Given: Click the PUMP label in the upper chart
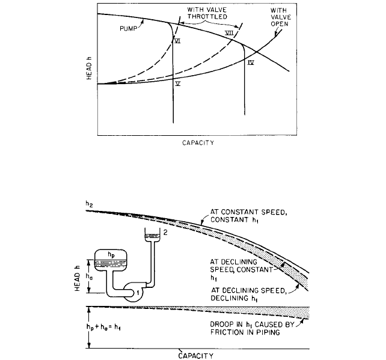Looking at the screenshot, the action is click(x=128, y=28).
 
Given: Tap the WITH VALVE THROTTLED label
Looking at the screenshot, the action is click(x=207, y=13).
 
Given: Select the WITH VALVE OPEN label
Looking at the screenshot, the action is click(x=281, y=17).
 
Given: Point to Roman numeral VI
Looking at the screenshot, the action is click(x=177, y=41).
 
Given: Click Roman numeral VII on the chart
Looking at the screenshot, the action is click(x=229, y=33).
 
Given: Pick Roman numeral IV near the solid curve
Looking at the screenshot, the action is click(x=251, y=63).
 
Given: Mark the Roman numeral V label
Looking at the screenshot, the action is click(x=178, y=84).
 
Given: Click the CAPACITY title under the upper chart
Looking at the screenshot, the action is click(x=198, y=142).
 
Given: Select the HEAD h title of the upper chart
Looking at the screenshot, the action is click(x=89, y=68).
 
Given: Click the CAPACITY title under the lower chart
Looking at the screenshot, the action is click(x=196, y=356).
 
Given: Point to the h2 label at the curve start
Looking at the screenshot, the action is click(x=89, y=204).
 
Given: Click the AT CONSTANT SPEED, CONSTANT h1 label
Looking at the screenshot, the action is click(x=248, y=216).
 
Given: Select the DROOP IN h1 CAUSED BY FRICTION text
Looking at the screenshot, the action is click(x=253, y=328).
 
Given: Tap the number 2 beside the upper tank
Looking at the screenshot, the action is click(x=165, y=233).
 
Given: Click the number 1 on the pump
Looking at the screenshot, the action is click(x=138, y=293).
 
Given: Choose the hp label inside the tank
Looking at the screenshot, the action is click(x=111, y=255).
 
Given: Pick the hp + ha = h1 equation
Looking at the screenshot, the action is click(x=103, y=327).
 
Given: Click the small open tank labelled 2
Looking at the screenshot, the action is click(x=152, y=235).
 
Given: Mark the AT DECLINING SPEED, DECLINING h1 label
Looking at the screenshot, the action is click(x=248, y=294).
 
